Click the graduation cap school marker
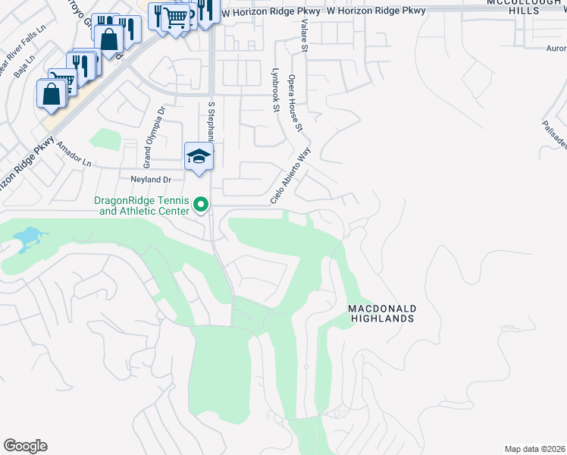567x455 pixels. point(199,156)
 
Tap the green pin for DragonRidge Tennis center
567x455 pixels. point(201,205)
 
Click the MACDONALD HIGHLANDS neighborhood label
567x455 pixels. point(381,314)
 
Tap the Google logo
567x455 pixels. point(25,446)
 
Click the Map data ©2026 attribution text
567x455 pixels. point(534,449)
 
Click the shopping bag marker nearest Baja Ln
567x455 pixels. point(52,93)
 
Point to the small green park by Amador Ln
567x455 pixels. point(105,140)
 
